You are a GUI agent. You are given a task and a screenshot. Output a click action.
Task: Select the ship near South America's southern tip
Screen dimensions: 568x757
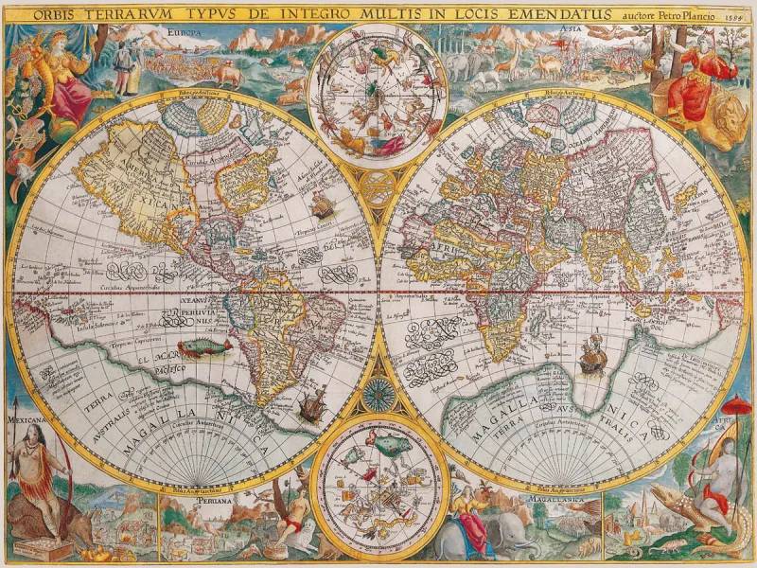[x=311, y=406]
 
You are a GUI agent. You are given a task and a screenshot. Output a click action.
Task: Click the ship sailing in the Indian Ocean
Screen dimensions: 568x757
[x=592, y=354]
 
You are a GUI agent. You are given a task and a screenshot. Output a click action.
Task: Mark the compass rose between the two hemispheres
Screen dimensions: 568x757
[x=378, y=390]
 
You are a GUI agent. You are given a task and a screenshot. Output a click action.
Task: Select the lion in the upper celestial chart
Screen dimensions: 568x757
[x=352, y=142]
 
